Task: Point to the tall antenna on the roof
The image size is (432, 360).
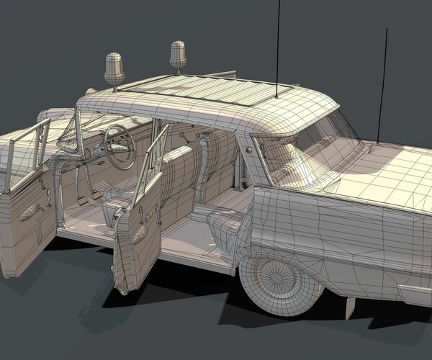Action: point(277,43)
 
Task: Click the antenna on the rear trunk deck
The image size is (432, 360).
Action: point(384,86)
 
